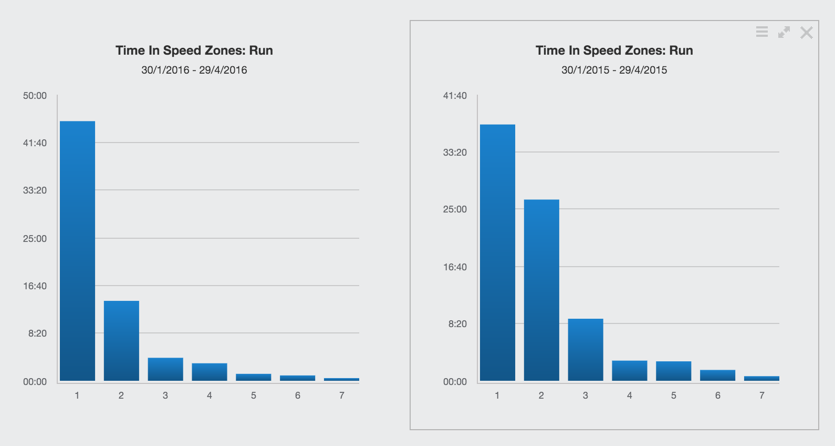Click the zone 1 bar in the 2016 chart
coord(77,251)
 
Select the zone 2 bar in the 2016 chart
coord(121,341)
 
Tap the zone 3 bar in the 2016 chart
coord(165,369)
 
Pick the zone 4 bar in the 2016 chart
coord(210,372)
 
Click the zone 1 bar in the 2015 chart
coord(497,252)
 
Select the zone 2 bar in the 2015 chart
coord(541,290)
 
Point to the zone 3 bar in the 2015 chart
coord(586,350)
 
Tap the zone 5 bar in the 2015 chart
coord(674,371)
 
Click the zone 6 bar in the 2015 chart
coord(718,375)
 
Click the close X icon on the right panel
coord(807,33)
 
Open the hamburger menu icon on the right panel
coord(762,32)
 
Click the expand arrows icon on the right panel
coord(784,33)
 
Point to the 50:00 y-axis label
coord(35,96)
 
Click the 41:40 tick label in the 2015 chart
coord(455,96)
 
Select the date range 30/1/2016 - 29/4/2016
coord(194,70)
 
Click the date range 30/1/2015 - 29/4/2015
coord(614,70)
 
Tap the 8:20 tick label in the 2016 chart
coord(37,333)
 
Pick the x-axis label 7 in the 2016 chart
coord(342,396)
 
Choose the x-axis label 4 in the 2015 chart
coord(630,396)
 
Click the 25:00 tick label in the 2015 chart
coord(455,209)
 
